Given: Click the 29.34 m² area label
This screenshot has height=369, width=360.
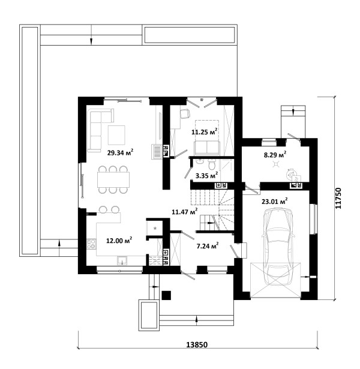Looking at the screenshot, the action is [120, 152].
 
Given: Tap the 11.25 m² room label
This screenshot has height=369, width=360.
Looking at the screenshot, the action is [204, 131].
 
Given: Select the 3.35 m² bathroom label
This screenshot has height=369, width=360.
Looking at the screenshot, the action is [206, 175].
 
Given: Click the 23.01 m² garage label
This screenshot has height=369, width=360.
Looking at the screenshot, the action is [275, 202].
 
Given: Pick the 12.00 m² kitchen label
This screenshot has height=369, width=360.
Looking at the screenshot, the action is [119, 241].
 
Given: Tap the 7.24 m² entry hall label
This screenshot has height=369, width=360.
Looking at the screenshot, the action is [208, 246].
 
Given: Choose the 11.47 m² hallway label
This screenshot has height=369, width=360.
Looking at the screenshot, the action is [184, 212].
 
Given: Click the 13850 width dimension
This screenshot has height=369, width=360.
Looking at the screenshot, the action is [197, 345].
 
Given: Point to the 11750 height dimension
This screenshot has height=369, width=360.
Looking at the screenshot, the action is [338, 198].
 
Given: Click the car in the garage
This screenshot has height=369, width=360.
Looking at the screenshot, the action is [278, 247].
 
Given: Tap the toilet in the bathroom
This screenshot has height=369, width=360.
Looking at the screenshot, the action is [212, 164].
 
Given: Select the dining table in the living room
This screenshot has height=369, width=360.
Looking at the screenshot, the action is [113, 179].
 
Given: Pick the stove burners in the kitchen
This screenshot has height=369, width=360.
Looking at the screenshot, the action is [92, 244].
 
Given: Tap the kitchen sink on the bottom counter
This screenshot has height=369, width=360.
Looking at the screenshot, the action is [122, 260].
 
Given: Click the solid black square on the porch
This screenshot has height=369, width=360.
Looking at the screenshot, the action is [166, 295].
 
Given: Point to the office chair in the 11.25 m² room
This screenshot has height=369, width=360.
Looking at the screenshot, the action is [185, 113].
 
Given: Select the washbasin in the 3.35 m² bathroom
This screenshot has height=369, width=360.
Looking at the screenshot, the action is [200, 161].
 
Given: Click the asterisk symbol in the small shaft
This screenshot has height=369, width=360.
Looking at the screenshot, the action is [155, 228].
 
